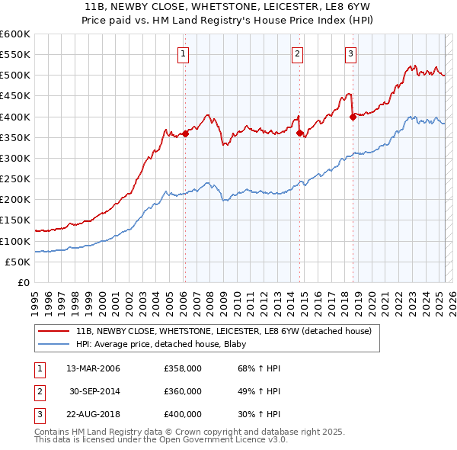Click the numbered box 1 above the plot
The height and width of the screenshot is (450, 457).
[x=184, y=53]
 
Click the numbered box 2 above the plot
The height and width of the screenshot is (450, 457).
[x=296, y=53]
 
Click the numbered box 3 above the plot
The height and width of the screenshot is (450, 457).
[x=350, y=53]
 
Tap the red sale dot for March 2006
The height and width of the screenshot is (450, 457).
[x=185, y=133]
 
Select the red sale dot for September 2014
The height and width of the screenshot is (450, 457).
[x=299, y=133]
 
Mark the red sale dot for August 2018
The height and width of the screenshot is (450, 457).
[x=353, y=117]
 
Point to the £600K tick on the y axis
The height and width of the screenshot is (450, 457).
[x=15, y=34]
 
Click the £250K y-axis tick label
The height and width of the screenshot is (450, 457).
[x=15, y=178]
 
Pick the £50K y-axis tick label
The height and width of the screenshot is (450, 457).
[x=18, y=262]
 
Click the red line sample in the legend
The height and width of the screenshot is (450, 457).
[x=53, y=331]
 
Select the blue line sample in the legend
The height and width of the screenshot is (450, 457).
[x=53, y=343]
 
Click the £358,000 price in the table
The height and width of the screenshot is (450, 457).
[x=182, y=368]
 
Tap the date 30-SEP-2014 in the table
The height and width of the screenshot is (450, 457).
[x=94, y=391]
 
